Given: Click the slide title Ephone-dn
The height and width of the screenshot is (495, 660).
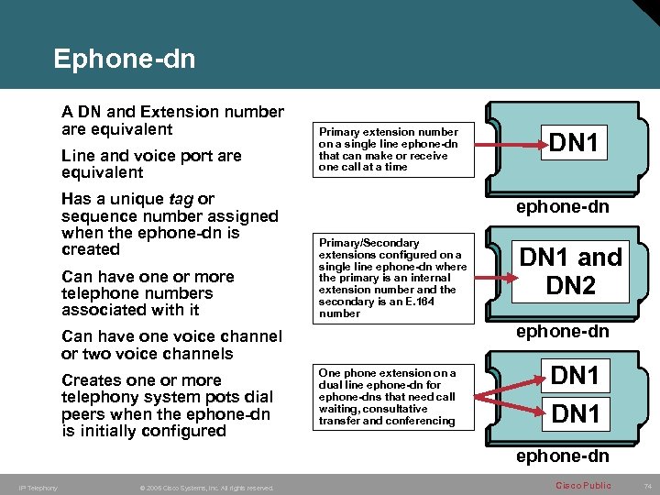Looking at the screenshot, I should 124,60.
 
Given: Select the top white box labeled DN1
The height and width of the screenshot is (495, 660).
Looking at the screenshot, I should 574,143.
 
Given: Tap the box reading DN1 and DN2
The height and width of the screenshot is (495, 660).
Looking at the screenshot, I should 570,271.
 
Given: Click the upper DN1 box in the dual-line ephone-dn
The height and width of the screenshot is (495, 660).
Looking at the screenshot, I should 575,375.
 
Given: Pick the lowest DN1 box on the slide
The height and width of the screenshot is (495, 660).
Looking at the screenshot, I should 575,414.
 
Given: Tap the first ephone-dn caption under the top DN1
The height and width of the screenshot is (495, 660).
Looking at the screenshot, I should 562,207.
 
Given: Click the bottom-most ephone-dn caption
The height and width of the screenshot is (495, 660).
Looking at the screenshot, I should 562,456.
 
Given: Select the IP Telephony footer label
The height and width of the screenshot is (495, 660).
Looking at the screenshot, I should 38,488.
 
